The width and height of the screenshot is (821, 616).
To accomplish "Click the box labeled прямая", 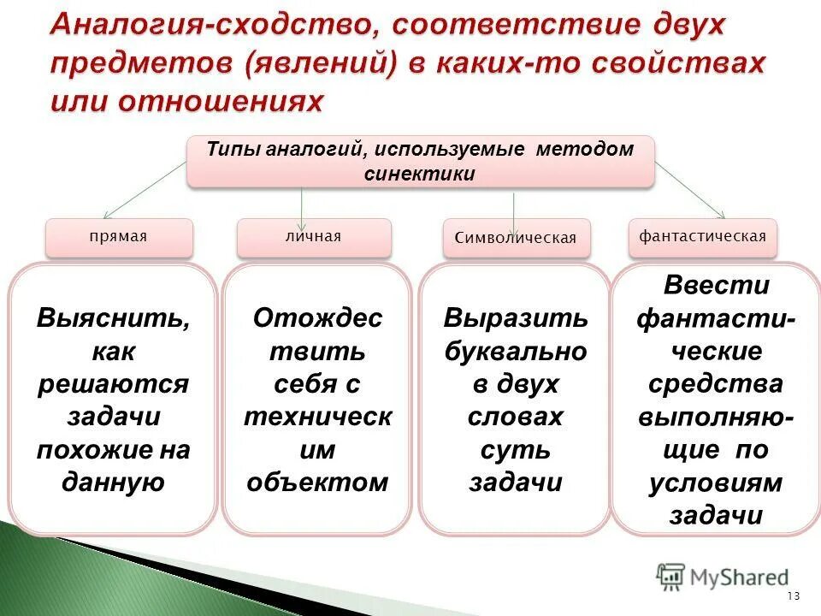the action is pos(120,238).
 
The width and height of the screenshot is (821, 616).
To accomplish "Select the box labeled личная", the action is pos(314,238).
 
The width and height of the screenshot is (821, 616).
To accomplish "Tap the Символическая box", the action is pos(517,239).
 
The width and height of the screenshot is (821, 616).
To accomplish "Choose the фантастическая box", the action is pos(703,238).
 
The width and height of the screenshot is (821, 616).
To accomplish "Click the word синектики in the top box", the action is pos(420,174).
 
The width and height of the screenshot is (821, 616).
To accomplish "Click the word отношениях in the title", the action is pos(220,101).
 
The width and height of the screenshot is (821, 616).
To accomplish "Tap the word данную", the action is pos(113,483).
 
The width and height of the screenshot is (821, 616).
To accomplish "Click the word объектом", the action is pos(317,483).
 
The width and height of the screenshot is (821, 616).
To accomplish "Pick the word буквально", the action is pos(516,352).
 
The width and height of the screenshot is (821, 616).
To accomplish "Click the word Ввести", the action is pos(717,286).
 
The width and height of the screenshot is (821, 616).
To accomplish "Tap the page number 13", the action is pos(794,595).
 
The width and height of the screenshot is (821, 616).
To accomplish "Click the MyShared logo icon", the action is pos(670,577).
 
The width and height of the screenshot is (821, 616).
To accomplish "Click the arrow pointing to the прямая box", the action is pos(145,190).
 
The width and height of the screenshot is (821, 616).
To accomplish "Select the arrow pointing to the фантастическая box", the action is pos(690,190).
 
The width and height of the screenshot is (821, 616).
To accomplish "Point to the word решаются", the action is pos(113,384).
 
